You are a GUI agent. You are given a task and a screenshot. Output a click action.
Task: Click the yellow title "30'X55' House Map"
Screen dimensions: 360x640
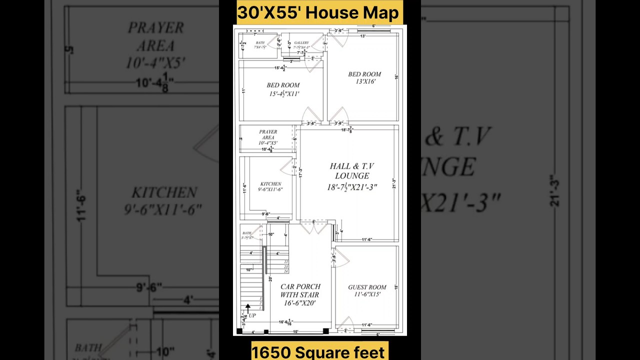click(x=318, y=12)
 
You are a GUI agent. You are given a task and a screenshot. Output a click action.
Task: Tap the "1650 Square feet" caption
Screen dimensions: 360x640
click(x=318, y=351)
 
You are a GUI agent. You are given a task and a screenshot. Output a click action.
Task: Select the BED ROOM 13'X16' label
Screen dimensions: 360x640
click(x=364, y=77)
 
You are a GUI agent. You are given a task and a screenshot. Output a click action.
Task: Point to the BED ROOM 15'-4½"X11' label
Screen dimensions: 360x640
click(x=283, y=89)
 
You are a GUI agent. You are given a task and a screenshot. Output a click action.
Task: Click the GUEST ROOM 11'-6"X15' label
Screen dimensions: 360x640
click(x=367, y=290)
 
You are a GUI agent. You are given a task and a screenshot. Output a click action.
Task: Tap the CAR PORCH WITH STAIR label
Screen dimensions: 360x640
click(x=300, y=294)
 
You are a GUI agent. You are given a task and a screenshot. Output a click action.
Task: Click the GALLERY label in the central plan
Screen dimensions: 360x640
click(x=301, y=43)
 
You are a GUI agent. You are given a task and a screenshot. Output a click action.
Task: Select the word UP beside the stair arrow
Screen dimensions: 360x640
click(x=252, y=315)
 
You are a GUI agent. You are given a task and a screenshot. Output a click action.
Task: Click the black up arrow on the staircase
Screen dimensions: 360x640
click(x=247, y=308)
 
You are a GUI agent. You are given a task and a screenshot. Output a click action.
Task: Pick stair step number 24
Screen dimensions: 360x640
click(x=286, y=271)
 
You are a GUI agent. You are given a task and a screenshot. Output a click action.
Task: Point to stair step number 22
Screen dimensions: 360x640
click(x=286, y=261)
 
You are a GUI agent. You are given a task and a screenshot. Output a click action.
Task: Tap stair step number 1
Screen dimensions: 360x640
click(x=260, y=307)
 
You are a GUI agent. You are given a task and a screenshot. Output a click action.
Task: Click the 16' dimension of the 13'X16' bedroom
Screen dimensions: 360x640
click(x=396, y=77)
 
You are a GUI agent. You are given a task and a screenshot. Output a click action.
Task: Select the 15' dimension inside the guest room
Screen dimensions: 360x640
click(x=396, y=287)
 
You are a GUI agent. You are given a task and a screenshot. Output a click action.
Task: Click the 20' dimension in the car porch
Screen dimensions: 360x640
click(x=270, y=279)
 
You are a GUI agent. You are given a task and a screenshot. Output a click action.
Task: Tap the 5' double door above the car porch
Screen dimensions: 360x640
click(x=313, y=227)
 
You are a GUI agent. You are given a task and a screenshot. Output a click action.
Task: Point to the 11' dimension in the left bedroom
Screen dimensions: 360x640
click(x=243, y=90)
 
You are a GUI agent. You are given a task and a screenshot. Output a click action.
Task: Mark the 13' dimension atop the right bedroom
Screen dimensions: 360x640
click(x=362, y=36)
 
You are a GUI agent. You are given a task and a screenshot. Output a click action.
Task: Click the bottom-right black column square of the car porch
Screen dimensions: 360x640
click(x=326, y=330)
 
